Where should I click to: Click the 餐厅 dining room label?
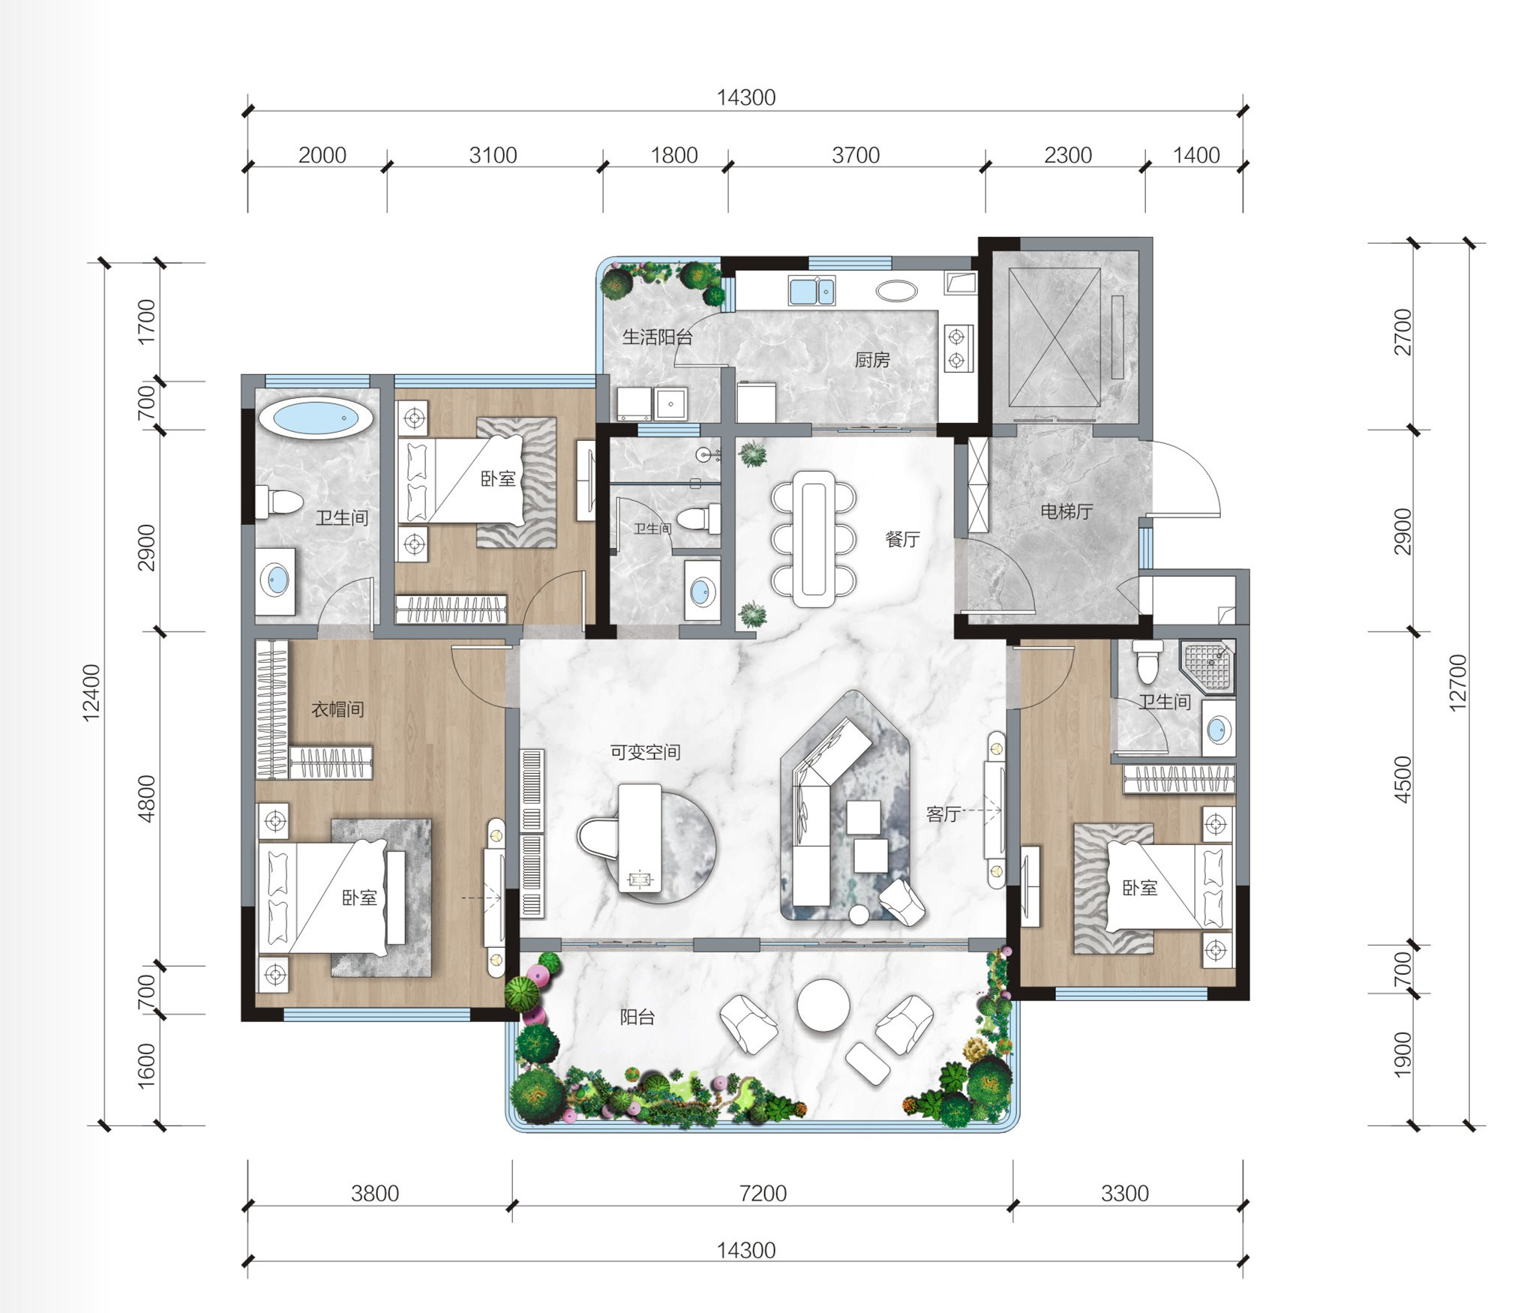[x=902, y=539]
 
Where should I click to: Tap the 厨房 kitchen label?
[x=872, y=360]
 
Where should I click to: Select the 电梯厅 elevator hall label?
[x=1066, y=511]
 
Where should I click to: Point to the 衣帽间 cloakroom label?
[x=338, y=709]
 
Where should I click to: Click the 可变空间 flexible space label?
[x=645, y=752]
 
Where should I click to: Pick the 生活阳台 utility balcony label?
[x=658, y=337]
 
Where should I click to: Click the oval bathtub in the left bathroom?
[x=316, y=418]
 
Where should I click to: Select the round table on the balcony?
[x=823, y=1006]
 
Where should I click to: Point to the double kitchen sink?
[x=811, y=290]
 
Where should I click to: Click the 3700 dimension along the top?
[x=856, y=155]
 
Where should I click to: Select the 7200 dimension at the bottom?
[x=763, y=1193]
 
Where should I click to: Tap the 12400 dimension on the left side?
[x=91, y=693]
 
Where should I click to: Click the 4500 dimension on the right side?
[x=1402, y=779]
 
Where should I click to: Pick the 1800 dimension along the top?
[x=674, y=155]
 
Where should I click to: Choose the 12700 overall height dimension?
[x=1457, y=682]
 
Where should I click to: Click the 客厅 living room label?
[x=943, y=814]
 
